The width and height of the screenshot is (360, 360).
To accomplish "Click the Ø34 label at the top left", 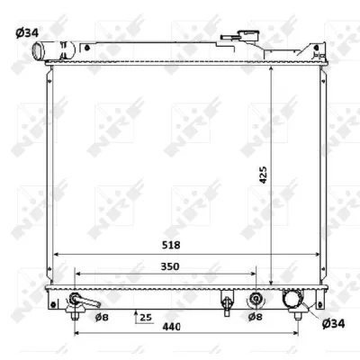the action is (x=27, y=33).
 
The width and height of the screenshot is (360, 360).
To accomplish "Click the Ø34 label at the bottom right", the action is (x=333, y=324).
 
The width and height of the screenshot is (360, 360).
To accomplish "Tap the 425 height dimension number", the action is (x=263, y=175).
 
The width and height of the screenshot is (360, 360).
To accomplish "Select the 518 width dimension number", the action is (x=171, y=245).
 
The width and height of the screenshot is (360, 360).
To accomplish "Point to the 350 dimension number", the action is (x=170, y=266).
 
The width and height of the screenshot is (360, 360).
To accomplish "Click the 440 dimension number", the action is (x=171, y=327).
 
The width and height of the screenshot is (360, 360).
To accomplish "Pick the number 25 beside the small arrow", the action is (x=146, y=317).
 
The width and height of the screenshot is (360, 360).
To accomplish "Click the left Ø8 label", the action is (x=102, y=317).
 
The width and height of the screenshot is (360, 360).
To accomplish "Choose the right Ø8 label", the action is (x=255, y=317).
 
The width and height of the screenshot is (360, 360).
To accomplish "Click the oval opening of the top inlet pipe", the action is (x=38, y=51).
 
